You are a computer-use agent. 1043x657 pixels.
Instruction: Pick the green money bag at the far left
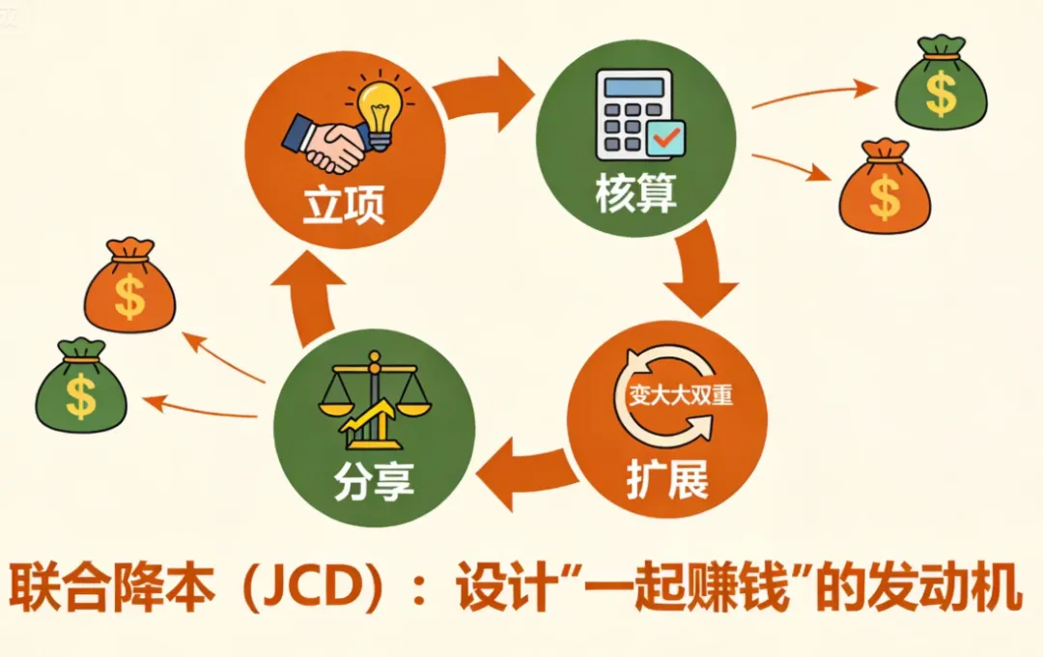(81, 386)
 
